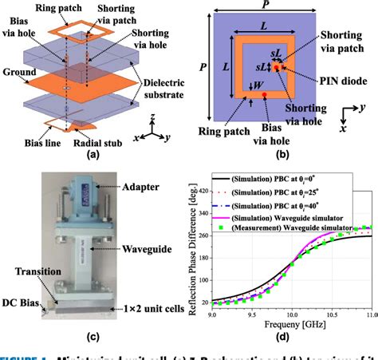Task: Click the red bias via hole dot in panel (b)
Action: coord(265,95)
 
